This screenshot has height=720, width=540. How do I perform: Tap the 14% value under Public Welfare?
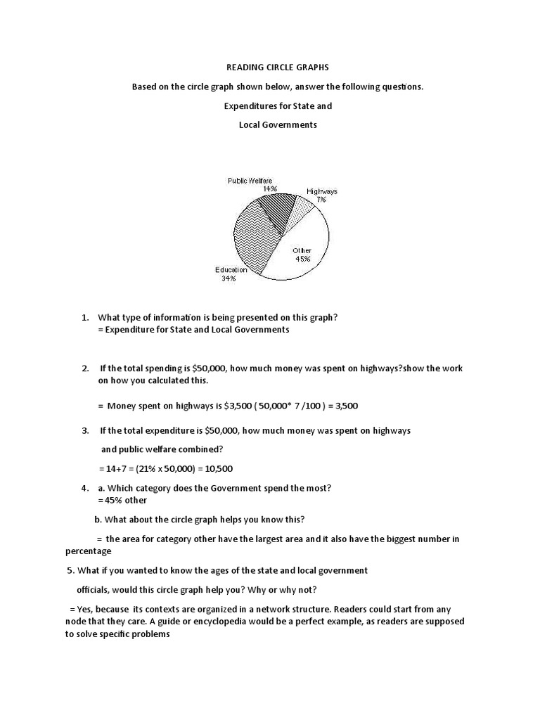(270, 188)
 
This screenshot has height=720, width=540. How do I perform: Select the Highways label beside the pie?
(321, 191)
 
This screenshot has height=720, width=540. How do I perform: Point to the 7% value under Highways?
(321, 200)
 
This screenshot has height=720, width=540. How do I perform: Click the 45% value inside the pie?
(303, 258)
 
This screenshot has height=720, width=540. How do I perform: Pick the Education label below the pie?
(231, 269)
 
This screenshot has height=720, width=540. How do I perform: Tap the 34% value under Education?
(229, 278)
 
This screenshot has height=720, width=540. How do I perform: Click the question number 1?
(84, 317)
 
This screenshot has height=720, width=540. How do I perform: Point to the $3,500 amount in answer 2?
(210, 406)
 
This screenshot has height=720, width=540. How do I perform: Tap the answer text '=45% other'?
(122, 500)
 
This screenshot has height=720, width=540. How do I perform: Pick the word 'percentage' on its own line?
(88, 551)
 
